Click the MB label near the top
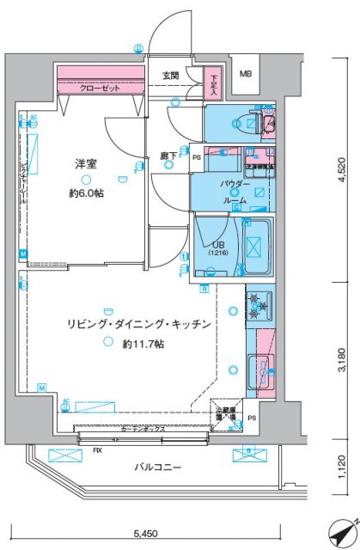click(246, 74)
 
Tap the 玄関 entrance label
click(171, 76)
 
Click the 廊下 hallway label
click(168, 157)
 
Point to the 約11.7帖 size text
click(143, 344)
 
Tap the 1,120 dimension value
click(342, 464)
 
